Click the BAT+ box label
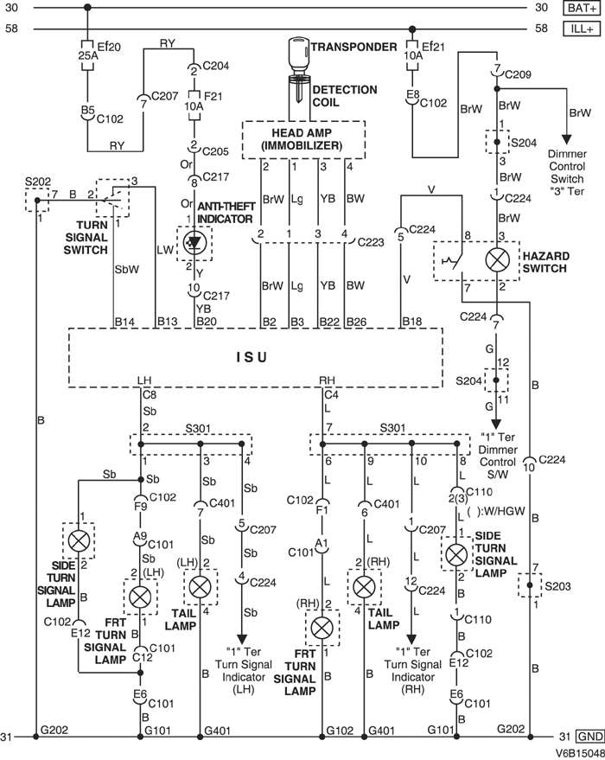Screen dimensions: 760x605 coord(579,9)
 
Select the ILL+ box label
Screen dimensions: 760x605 coord(579,29)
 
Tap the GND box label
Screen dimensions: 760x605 coord(589,737)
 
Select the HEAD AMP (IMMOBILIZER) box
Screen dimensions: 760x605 coord(303,137)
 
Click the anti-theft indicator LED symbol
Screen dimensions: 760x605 coord(194,245)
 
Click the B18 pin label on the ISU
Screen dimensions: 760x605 coord(413,322)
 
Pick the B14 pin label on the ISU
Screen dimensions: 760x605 coord(126,322)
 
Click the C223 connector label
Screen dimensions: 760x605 coord(368,242)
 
